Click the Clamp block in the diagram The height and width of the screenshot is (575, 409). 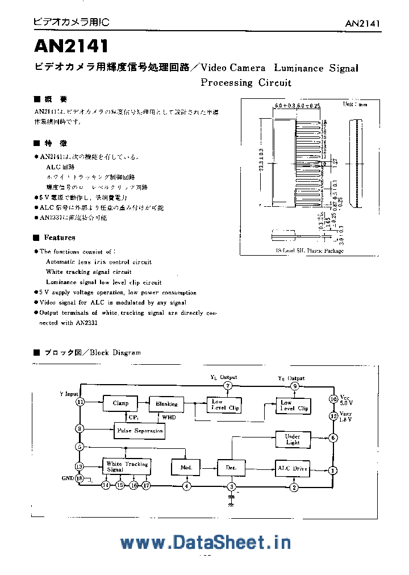coord(120,403)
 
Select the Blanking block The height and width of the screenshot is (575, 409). coord(166,404)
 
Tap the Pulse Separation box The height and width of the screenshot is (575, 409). coord(139,431)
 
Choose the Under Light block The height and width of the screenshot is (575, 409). coord(293,439)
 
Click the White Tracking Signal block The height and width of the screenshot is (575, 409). coord(127,466)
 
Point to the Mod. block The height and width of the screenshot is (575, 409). coord(186,468)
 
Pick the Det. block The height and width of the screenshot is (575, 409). coord(231,468)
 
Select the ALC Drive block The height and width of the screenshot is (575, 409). coord(293,468)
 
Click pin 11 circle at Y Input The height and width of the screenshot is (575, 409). coord(80,402)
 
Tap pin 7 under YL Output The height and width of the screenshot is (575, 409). coord(228,386)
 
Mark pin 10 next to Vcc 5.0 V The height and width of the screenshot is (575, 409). coord(333,399)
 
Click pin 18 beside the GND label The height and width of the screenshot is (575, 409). coord(80,478)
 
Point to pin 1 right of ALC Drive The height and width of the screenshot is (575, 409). coord(333,470)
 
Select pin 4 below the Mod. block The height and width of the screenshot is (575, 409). coord(186,486)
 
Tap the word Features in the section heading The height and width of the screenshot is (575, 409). coord(60,238)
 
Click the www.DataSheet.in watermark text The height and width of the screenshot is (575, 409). coord(206,542)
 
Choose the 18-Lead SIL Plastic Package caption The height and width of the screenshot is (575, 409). coord(310,251)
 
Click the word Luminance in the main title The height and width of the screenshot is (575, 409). coord(299,68)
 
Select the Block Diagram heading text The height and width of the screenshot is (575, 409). coord(118,352)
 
